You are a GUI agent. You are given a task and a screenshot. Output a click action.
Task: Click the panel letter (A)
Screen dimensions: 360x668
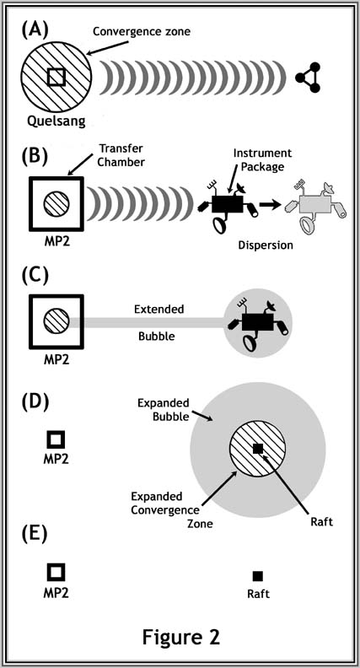coord(35,30)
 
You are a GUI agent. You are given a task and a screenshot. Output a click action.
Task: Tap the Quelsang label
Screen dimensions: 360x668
coord(56,121)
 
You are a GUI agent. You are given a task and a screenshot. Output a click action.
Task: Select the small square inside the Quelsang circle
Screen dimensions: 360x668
coord(56,77)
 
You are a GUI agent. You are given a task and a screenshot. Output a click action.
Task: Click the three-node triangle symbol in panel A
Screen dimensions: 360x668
coord(309,77)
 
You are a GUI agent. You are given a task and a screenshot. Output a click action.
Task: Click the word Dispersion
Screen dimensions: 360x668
coord(266,245)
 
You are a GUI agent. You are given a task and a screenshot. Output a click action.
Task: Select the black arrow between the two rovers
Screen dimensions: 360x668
coord(271,204)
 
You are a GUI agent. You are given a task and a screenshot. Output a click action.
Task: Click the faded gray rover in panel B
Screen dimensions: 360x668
coord(316,206)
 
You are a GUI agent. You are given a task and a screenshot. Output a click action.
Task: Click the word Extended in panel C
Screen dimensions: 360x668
coord(159,309)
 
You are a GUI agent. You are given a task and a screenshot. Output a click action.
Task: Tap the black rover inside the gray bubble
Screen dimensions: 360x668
coord(258,326)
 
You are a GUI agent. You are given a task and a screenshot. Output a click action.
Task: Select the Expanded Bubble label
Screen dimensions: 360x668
coord(164,410)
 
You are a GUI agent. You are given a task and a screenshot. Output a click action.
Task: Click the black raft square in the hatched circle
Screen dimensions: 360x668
coord(258,448)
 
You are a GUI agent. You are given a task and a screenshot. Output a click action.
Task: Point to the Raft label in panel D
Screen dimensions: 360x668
coord(320,521)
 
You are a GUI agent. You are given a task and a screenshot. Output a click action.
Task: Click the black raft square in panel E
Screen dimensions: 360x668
coord(258,576)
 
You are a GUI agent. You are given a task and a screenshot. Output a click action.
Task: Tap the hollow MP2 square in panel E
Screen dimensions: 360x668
coord(56,571)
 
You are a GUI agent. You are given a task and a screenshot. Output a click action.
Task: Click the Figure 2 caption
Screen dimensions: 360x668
coord(181,637)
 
